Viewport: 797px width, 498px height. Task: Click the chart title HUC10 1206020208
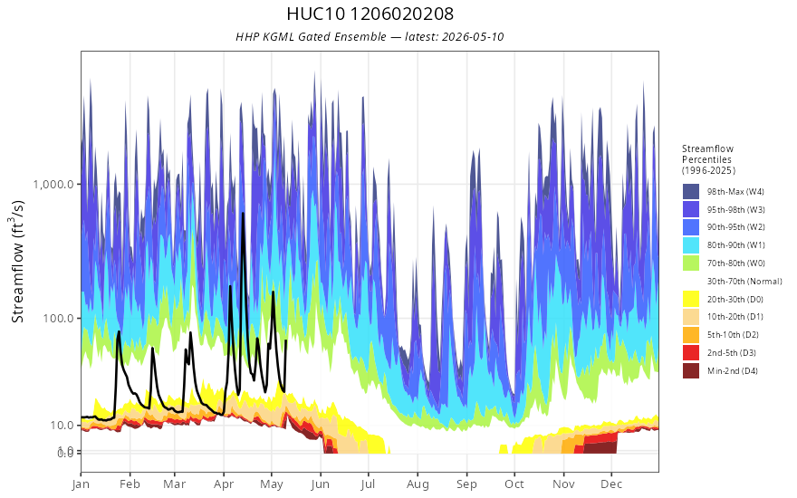(x=370, y=14)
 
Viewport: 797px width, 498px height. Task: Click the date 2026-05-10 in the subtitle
(x=473, y=36)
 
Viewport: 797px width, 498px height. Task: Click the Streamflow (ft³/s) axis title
(x=17, y=261)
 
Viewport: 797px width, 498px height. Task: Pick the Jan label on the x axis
(x=81, y=484)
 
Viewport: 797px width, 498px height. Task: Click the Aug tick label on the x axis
(x=418, y=484)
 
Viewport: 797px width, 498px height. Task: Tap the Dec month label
(x=611, y=484)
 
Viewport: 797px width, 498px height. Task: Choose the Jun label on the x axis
(x=321, y=484)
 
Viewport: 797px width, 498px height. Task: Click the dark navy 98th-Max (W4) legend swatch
(x=691, y=192)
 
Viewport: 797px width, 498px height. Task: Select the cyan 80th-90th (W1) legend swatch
(x=691, y=245)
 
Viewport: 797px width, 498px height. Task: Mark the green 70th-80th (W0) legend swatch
(x=691, y=263)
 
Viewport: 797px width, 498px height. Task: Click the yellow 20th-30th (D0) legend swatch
(x=691, y=299)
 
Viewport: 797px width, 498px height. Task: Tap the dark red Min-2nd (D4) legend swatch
(x=691, y=370)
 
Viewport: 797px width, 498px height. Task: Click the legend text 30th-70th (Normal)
(x=744, y=281)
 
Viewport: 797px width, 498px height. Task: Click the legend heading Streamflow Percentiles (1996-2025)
(x=708, y=159)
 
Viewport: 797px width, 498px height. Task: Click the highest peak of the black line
(x=243, y=214)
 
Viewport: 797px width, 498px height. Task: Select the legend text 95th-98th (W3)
(x=736, y=209)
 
